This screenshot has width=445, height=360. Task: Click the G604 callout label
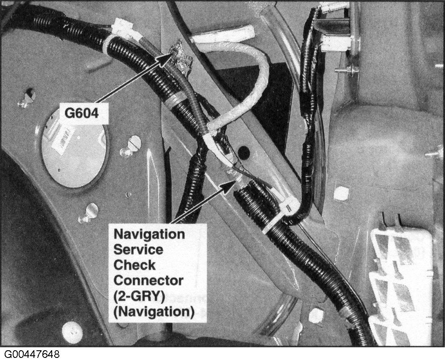pyautogui.click(x=83, y=114)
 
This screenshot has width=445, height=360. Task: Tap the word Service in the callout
pyautogui.click(x=138, y=249)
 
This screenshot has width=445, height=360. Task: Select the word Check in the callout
pyautogui.click(x=134, y=265)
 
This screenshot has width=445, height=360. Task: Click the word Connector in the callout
pyautogui.click(x=148, y=280)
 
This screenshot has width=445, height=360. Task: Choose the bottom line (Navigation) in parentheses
pyautogui.click(x=153, y=312)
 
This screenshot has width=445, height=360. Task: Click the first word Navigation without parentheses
pyautogui.click(x=148, y=233)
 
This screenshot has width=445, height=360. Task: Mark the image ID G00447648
pyautogui.click(x=32, y=354)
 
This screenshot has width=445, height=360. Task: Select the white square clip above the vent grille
pyautogui.click(x=341, y=194)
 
